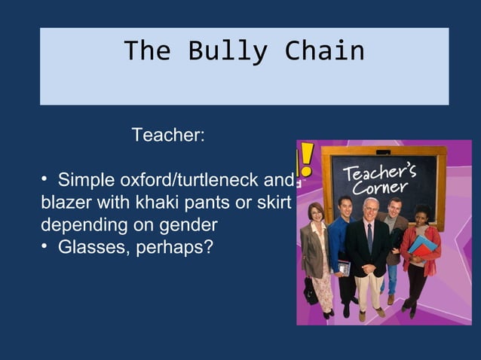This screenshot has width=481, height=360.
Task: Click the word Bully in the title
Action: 228,51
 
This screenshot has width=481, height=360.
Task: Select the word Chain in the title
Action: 324,51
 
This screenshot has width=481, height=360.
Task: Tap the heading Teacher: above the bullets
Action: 168,136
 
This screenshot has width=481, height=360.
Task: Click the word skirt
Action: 274,203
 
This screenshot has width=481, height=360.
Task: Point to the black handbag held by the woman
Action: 310,290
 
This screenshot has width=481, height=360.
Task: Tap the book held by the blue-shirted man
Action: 343,268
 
